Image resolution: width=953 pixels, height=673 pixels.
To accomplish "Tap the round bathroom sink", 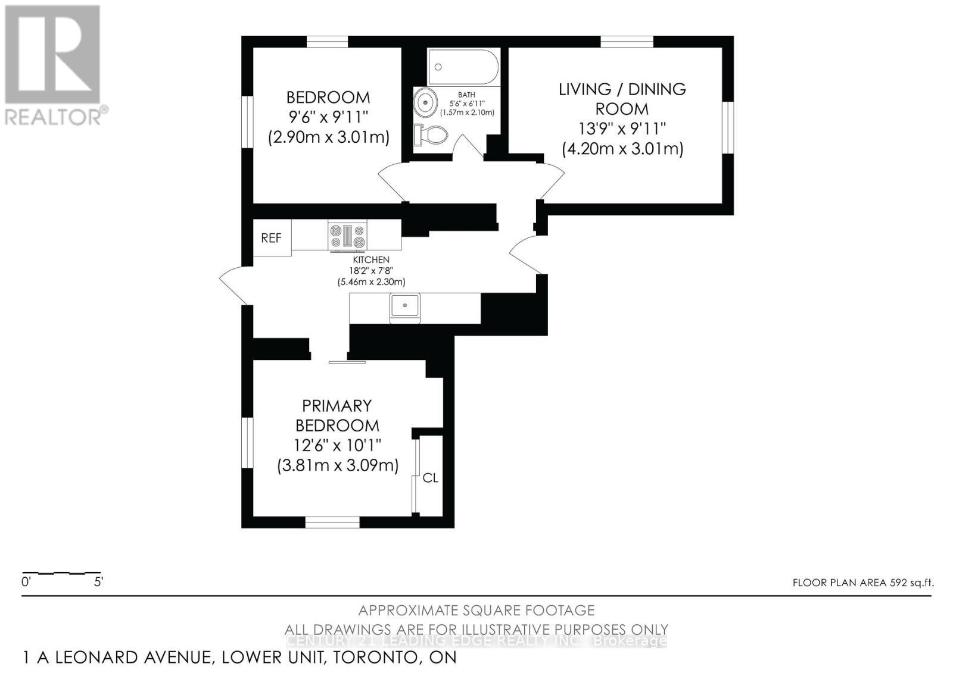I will pyautogui.click(x=425, y=102).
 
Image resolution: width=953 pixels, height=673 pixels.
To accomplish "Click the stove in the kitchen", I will pyautogui.click(x=347, y=235).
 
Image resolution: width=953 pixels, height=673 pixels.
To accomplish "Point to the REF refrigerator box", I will pyautogui.click(x=272, y=238).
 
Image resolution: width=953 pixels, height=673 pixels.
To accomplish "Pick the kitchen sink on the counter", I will pyautogui.click(x=405, y=306).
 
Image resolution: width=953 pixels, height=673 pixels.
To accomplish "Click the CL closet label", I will pyautogui.click(x=430, y=478).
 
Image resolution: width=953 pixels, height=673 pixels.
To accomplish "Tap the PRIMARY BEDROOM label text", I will pyautogui.click(x=338, y=415).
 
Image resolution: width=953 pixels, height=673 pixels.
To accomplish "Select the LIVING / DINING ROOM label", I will pyautogui.click(x=622, y=99).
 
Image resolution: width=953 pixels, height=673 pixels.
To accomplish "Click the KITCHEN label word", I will pyautogui.click(x=371, y=260).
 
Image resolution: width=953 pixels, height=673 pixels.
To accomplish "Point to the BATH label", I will pyautogui.click(x=466, y=95).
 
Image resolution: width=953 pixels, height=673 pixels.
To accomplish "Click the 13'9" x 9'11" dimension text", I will pyautogui.click(x=622, y=129).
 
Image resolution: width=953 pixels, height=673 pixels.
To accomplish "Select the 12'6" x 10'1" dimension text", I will pyautogui.click(x=338, y=445).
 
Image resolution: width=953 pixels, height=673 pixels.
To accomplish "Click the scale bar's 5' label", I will pyautogui.click(x=99, y=582).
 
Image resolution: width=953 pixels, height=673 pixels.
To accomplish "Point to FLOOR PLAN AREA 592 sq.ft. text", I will pyautogui.click(x=862, y=583).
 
